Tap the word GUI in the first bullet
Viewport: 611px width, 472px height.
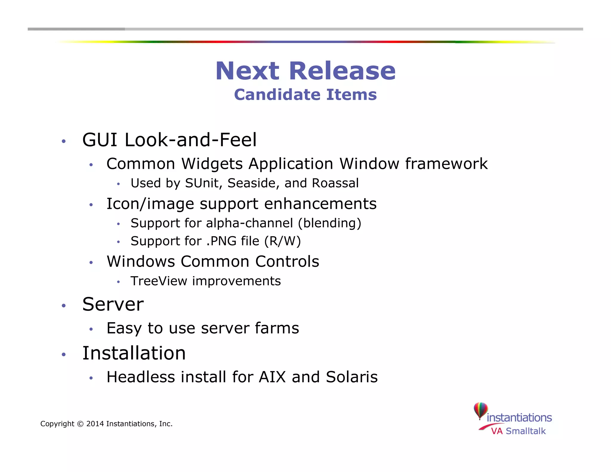click(x=100, y=140)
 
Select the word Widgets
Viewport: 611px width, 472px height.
click(x=212, y=164)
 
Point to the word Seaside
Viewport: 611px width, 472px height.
click(x=253, y=183)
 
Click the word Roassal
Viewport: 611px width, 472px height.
click(x=335, y=183)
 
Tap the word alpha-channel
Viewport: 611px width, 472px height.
click(x=249, y=223)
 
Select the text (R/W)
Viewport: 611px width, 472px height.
click(x=283, y=241)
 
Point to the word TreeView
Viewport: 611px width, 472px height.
click(x=159, y=281)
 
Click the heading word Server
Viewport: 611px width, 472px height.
click(x=113, y=304)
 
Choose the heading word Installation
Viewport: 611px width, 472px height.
click(x=134, y=353)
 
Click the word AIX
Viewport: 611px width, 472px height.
click(x=272, y=377)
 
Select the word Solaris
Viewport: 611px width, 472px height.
click(x=352, y=377)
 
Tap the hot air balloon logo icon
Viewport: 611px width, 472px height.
click(x=481, y=411)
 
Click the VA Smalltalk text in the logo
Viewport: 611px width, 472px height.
click(x=518, y=431)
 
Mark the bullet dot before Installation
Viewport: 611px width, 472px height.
click(x=64, y=355)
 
